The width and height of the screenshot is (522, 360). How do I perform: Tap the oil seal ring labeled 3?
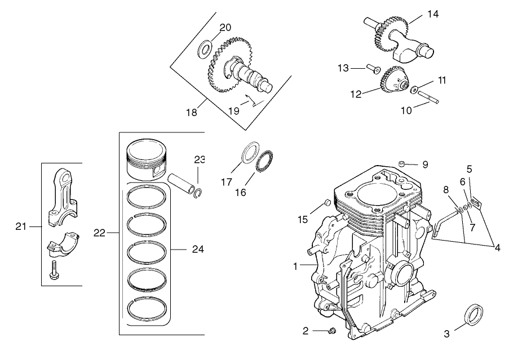pos(472,313)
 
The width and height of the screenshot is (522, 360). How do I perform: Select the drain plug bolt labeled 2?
pos(331,330)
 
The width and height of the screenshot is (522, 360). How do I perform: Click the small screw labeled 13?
pos(373,68)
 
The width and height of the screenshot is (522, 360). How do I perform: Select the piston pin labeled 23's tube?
pos(182,184)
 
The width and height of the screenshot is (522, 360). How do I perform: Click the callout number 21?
pos(21,226)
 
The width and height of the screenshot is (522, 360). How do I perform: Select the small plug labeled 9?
pos(400,163)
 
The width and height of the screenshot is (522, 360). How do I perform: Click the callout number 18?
pos(191,112)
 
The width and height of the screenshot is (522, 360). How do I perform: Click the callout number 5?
pos(469,168)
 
